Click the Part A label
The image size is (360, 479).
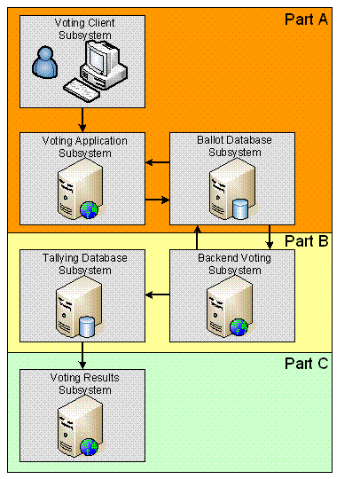click(x=306, y=20)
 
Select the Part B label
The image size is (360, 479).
click(x=306, y=241)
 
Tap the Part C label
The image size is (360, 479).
click(x=306, y=364)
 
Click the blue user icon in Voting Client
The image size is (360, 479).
click(x=45, y=62)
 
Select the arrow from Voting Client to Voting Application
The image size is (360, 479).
click(x=82, y=120)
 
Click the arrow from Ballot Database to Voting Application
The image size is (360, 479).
click(x=158, y=162)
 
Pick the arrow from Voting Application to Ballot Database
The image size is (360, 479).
click(x=157, y=200)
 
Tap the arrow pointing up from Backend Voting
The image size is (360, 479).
click(x=197, y=238)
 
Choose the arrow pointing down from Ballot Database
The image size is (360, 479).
click(x=270, y=238)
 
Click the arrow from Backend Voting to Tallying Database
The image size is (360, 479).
click(x=158, y=294)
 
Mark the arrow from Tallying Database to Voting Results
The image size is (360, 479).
click(x=82, y=356)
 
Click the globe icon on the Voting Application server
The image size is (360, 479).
click(x=89, y=210)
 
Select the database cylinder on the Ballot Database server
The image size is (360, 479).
click(x=240, y=209)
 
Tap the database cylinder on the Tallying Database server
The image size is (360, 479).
click(x=87, y=327)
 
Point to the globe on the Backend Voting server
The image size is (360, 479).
click(x=239, y=327)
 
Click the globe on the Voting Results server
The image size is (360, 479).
click(x=89, y=447)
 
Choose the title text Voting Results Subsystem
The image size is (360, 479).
click(x=85, y=384)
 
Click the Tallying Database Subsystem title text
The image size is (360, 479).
click(x=85, y=264)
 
